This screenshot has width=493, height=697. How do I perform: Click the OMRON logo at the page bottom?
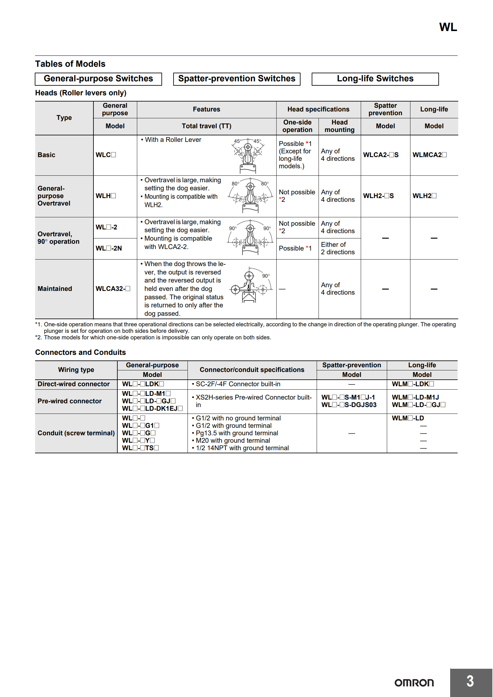click(x=414, y=683)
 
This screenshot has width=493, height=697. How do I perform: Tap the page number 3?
click(x=470, y=681)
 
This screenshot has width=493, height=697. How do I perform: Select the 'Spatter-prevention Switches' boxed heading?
click(x=237, y=79)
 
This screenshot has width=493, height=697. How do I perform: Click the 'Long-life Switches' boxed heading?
click(x=375, y=79)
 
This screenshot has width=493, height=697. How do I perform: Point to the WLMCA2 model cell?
click(x=430, y=155)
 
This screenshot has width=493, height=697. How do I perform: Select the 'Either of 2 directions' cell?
click(x=338, y=248)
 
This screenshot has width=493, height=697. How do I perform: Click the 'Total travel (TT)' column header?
click(x=206, y=126)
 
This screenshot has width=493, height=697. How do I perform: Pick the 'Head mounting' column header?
click(x=339, y=126)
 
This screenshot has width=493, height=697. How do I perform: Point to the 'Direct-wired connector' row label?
click(x=74, y=384)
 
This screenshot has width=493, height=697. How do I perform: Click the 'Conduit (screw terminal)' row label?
click(x=76, y=433)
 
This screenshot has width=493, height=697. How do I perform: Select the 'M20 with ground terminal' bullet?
click(x=233, y=441)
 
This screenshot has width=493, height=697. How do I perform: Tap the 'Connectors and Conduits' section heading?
click(x=80, y=352)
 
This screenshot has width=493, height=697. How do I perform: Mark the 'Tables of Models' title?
click(x=70, y=64)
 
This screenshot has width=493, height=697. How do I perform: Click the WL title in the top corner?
click(x=448, y=27)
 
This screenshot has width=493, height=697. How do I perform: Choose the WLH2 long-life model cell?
click(x=424, y=196)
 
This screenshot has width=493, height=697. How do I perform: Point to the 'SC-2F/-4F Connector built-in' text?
click(x=238, y=384)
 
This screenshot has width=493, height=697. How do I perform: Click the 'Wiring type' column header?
click(x=76, y=370)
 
